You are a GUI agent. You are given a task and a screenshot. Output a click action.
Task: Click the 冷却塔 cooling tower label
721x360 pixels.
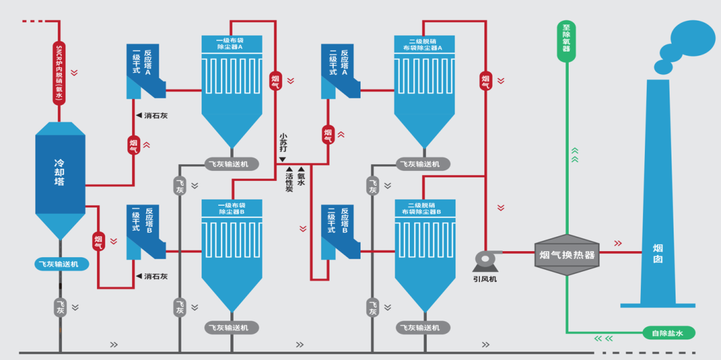tap(59, 172)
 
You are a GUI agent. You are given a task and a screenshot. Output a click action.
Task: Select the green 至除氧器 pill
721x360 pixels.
tap(566, 41)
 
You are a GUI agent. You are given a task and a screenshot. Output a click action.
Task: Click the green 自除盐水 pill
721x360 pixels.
tap(668, 333)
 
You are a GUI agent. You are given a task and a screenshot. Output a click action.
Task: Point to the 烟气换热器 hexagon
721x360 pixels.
tap(567, 254)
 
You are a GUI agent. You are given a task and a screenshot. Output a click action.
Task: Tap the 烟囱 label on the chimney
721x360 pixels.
tap(658, 254)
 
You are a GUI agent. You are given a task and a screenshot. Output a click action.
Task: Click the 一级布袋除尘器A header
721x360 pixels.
tap(232, 43)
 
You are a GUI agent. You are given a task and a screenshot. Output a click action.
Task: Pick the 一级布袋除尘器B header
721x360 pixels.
tap(232, 208)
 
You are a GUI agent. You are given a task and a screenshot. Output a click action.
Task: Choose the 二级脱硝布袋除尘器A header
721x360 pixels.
tap(424, 43)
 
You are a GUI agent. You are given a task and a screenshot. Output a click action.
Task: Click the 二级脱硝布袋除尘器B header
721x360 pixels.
tap(425, 208)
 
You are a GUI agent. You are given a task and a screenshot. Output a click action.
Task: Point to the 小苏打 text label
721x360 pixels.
tap(283, 144)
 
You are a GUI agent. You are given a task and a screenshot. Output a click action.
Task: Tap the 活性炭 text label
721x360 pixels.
tap(289, 182)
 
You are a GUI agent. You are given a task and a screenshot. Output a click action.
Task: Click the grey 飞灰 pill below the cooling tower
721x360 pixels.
tap(60, 307)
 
